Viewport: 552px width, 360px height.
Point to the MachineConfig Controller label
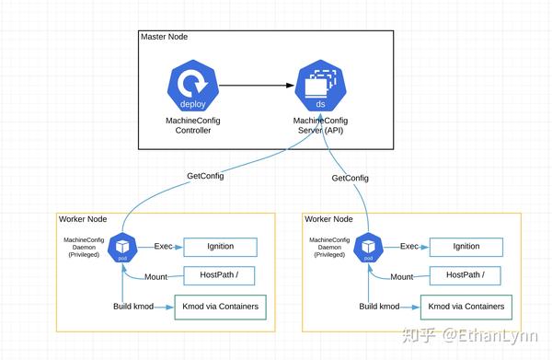pos(194,126)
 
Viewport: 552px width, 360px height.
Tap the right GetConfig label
pos(350,178)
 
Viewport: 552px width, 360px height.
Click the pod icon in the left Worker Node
pos(122,248)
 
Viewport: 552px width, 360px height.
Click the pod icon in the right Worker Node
pos(369,248)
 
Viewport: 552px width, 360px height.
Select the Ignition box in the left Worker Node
pos(221,247)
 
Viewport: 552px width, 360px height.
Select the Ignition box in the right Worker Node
pos(466,247)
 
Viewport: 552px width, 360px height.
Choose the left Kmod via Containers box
pos(221,307)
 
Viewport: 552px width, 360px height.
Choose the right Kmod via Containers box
pos(466,307)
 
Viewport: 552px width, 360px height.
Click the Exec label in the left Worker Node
pos(163,246)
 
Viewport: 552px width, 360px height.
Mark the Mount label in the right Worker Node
pos(402,276)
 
